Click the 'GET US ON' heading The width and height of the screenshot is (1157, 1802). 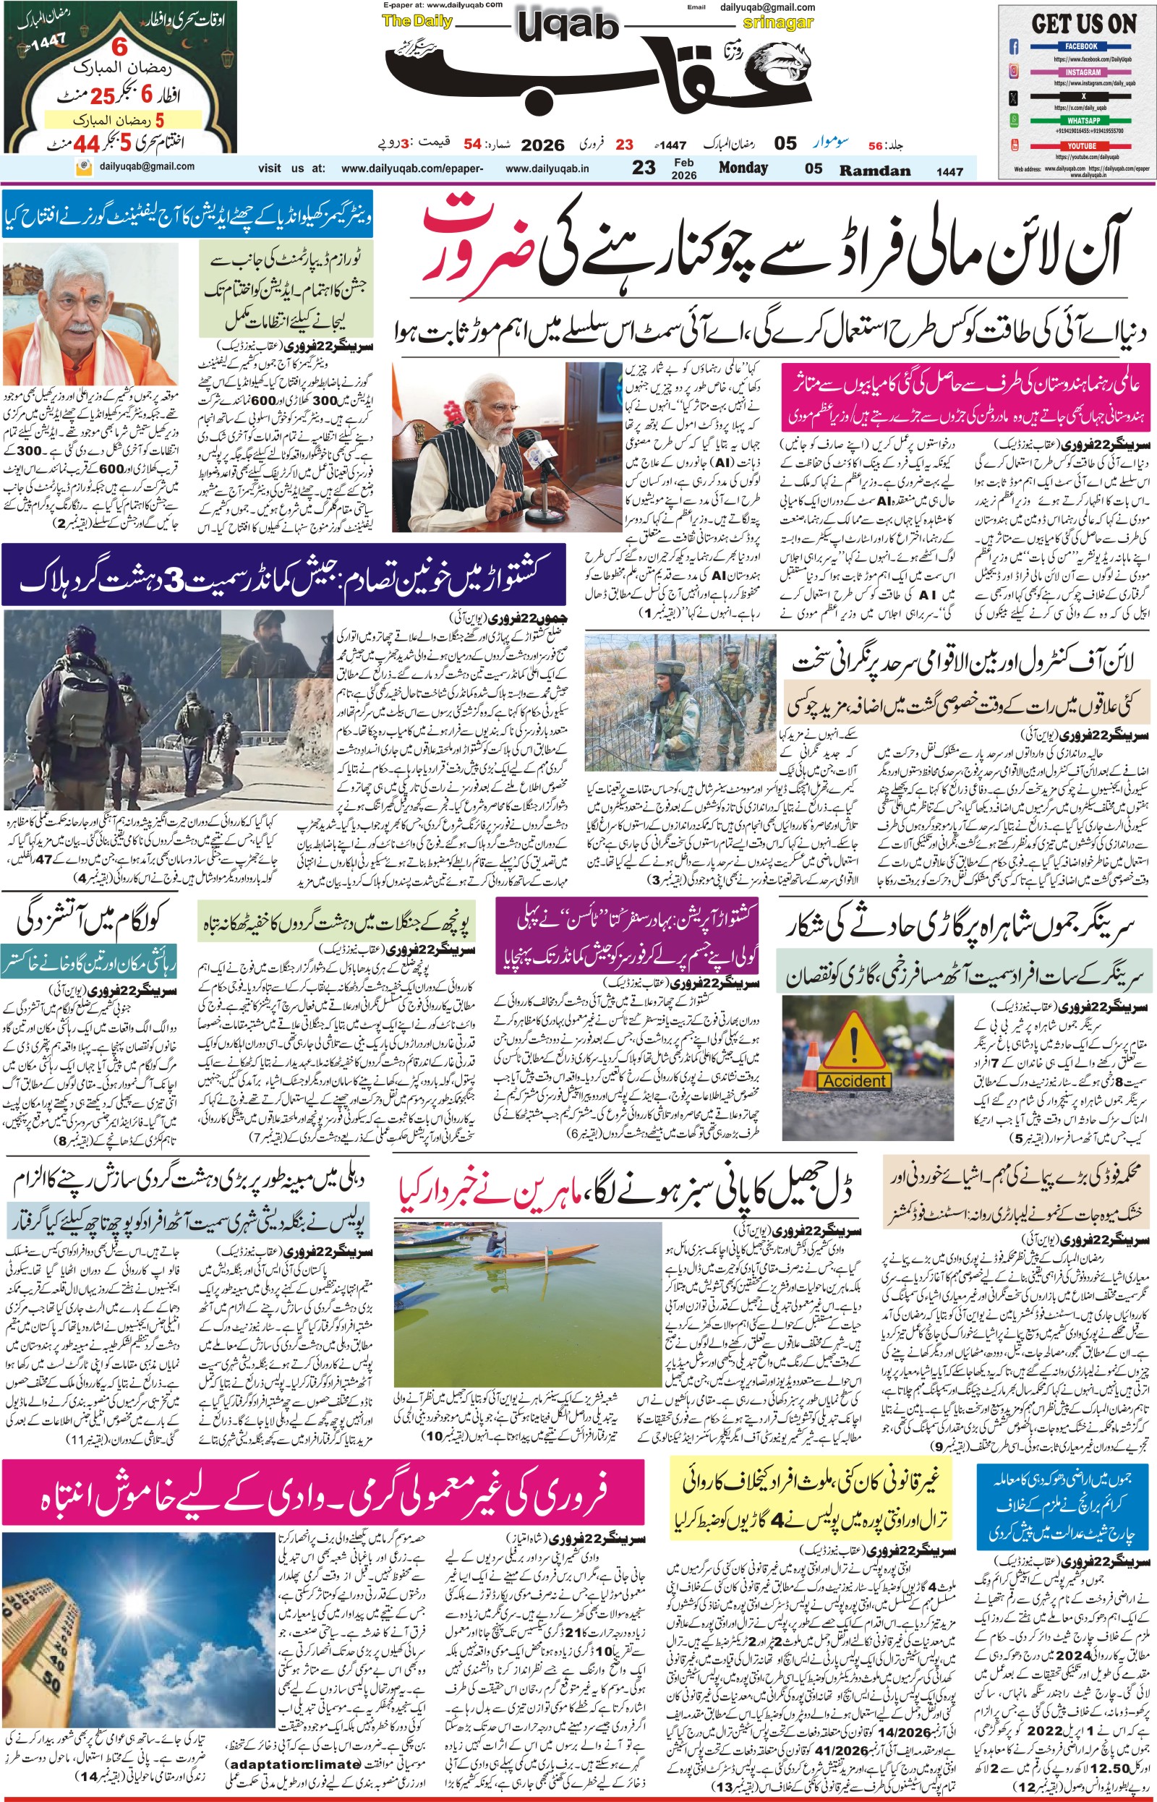coord(1083,24)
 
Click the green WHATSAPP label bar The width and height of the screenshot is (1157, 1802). coord(1083,120)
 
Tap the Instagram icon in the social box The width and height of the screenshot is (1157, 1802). coord(1014,72)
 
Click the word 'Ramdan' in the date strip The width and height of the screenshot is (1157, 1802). coord(874,171)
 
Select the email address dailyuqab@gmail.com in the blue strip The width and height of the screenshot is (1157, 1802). coord(147,167)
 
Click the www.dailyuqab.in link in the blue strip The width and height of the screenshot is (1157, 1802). coord(546,169)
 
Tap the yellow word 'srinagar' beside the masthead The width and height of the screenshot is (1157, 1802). coord(777,22)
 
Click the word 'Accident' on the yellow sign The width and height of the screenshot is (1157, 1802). coord(853,1081)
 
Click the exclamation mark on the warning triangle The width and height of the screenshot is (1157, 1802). coord(853,1040)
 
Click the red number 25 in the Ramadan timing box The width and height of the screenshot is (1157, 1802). coord(102,96)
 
